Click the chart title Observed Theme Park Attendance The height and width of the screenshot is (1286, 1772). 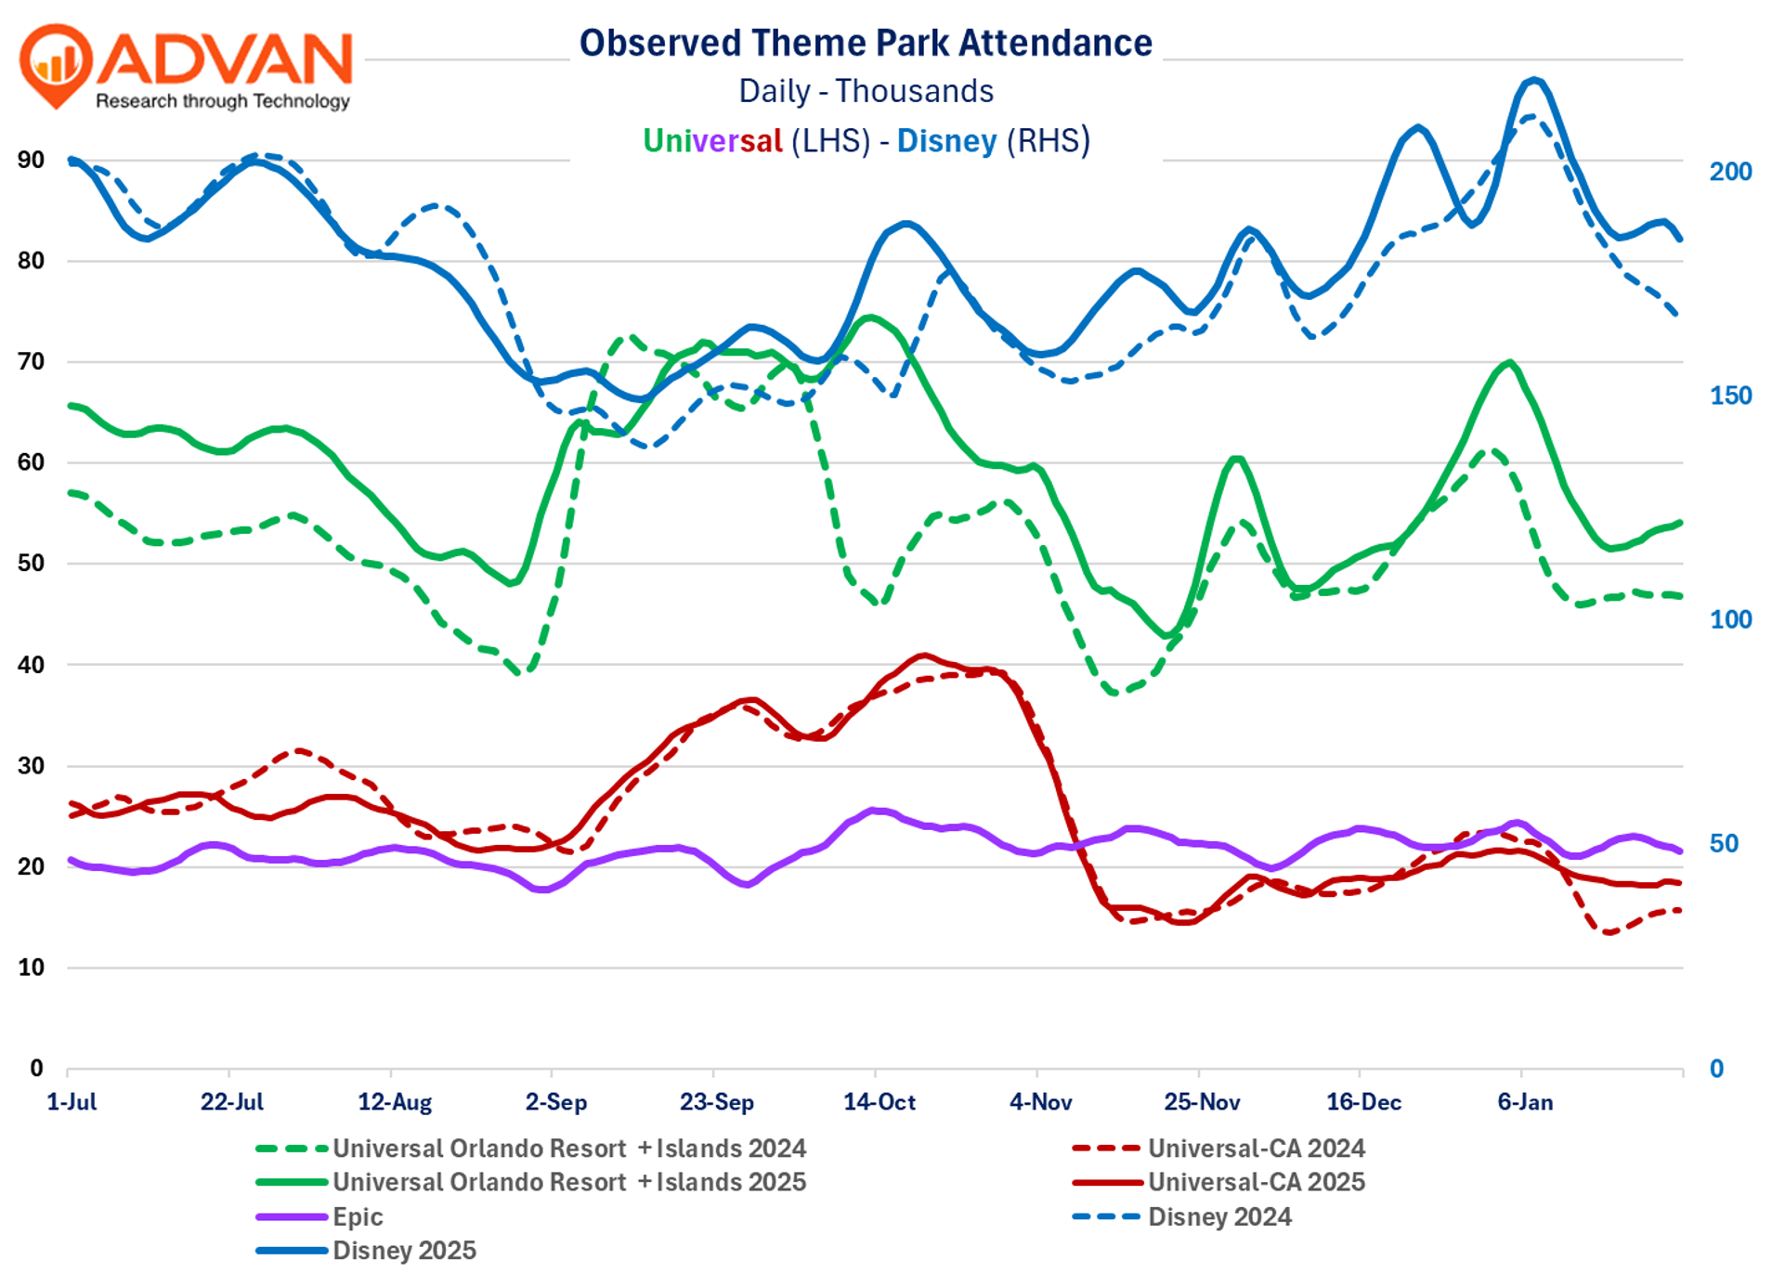pyautogui.click(x=866, y=44)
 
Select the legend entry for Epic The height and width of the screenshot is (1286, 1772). pyautogui.click(x=358, y=1216)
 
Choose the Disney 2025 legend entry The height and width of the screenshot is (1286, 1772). pyautogui.click(x=404, y=1251)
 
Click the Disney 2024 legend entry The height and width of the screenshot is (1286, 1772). pyautogui.click(x=1219, y=1216)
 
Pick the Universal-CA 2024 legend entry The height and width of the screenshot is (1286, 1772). pyautogui.click(x=1256, y=1149)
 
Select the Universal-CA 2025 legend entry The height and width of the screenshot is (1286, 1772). pyautogui.click(x=1256, y=1182)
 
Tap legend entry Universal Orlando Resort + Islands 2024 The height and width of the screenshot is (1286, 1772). pyautogui.click(x=568, y=1149)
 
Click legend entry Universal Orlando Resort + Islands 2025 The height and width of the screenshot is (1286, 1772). pyautogui.click(x=568, y=1182)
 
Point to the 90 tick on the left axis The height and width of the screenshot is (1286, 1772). pyautogui.click(x=32, y=160)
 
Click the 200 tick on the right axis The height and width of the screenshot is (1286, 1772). pyautogui.click(x=1730, y=172)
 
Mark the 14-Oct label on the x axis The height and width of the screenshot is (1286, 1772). pyautogui.click(x=879, y=1102)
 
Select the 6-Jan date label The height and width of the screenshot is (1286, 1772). pyautogui.click(x=1525, y=1102)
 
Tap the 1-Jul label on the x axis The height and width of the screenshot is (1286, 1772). pyautogui.click(x=72, y=1102)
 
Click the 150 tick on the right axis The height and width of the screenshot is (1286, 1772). pyautogui.click(x=1730, y=396)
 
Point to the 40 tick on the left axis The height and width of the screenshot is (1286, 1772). pyautogui.click(x=32, y=665)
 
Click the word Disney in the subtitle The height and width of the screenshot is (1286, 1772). pyautogui.click(x=946, y=141)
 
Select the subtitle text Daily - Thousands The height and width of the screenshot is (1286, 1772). pyautogui.click(x=866, y=91)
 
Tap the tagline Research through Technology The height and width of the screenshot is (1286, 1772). pyautogui.click(x=223, y=100)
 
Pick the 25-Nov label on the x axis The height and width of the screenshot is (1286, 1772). pyautogui.click(x=1202, y=1102)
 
